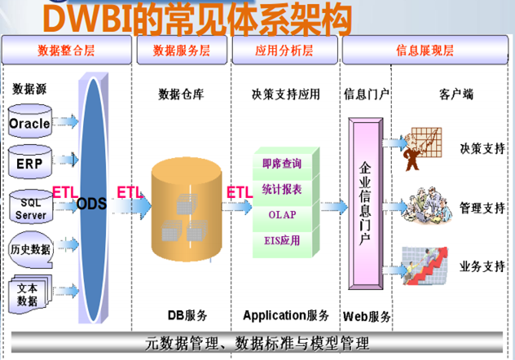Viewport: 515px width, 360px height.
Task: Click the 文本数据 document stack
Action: pyautogui.click(x=30, y=294)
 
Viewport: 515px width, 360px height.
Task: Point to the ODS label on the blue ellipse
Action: pyautogui.click(x=92, y=203)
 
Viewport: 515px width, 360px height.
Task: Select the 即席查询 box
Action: pyautogui.click(x=282, y=164)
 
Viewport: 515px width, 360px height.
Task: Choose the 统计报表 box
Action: pyautogui.click(x=282, y=189)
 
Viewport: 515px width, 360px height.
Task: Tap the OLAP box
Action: pyautogui.click(x=282, y=215)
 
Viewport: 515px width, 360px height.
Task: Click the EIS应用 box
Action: pyautogui.click(x=282, y=241)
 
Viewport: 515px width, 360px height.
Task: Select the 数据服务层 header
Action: pyautogui.click(x=181, y=50)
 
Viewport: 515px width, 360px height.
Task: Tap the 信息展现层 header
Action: pyautogui.click(x=425, y=50)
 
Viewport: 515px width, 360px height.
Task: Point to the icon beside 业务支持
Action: pyautogui.click(x=423, y=267)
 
